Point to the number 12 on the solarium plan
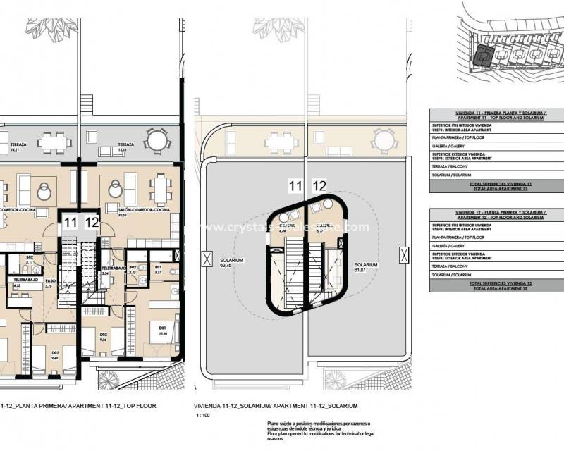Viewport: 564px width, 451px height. (319, 186)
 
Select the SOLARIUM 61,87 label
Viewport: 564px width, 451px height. (366, 267)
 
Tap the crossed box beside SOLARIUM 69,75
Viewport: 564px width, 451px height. (205, 259)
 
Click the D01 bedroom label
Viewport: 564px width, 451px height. (163, 328)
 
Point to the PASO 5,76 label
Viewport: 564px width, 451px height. (49, 284)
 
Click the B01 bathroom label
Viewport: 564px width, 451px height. (159, 269)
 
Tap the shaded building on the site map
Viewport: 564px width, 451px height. (482, 55)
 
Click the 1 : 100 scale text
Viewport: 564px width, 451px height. (204, 416)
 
